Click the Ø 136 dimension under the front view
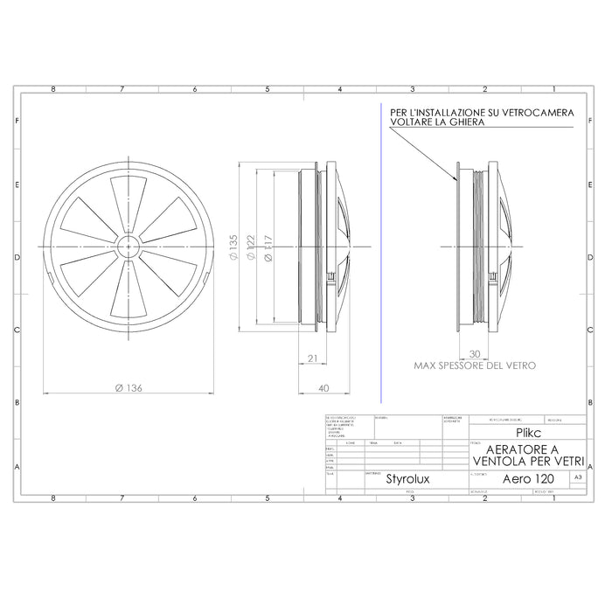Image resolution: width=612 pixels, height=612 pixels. point(129,388)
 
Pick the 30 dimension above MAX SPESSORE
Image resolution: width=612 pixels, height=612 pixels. point(474,355)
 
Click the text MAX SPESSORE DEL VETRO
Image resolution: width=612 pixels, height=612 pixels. point(475,365)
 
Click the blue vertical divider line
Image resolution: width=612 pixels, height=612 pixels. point(382,262)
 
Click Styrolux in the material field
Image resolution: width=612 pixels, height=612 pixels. point(407,479)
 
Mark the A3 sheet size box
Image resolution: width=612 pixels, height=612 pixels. point(577,477)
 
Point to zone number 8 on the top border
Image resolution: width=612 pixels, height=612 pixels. point(54,89)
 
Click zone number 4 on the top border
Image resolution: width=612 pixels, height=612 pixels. point(339,89)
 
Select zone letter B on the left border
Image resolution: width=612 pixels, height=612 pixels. point(17,401)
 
